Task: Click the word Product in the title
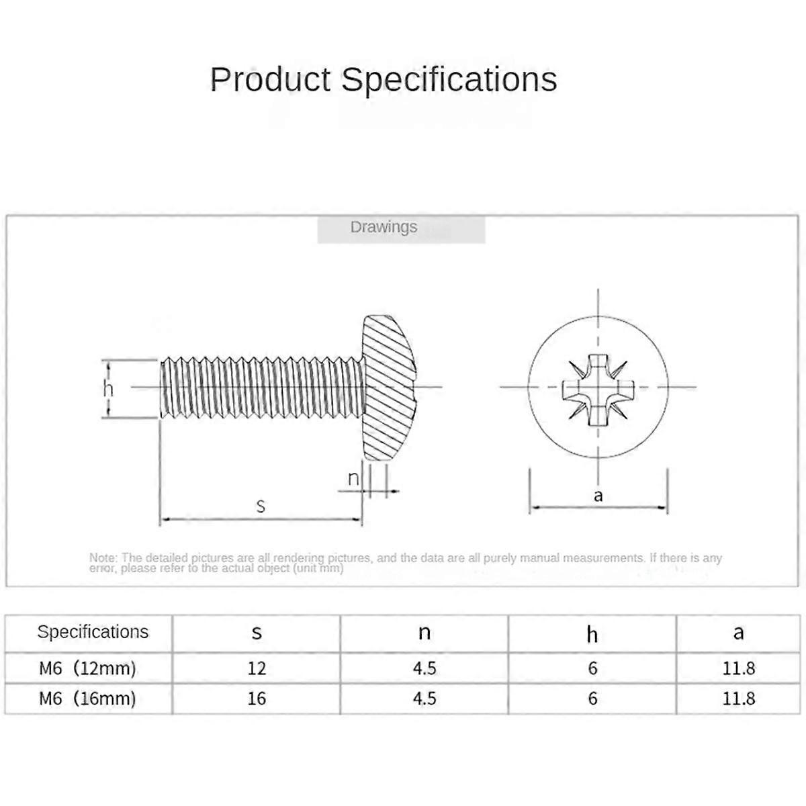tap(270, 79)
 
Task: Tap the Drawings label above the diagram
tap(384, 227)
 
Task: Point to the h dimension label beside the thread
tap(108, 389)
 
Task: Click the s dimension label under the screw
tap(261, 506)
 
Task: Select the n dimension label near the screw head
tap(353, 478)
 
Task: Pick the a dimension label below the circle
tap(598, 496)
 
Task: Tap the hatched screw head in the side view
tap(389, 388)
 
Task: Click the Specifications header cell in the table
tap(93, 632)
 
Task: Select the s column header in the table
tap(257, 633)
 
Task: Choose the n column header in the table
tap(424, 633)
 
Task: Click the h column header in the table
tap(592, 634)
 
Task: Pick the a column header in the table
tap(739, 633)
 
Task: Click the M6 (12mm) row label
tap(87, 668)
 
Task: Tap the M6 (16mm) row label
tap(87, 699)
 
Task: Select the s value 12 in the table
tap(257, 668)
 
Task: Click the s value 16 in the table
tap(257, 699)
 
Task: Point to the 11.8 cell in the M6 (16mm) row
tap(739, 699)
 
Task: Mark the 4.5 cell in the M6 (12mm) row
tap(424, 668)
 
